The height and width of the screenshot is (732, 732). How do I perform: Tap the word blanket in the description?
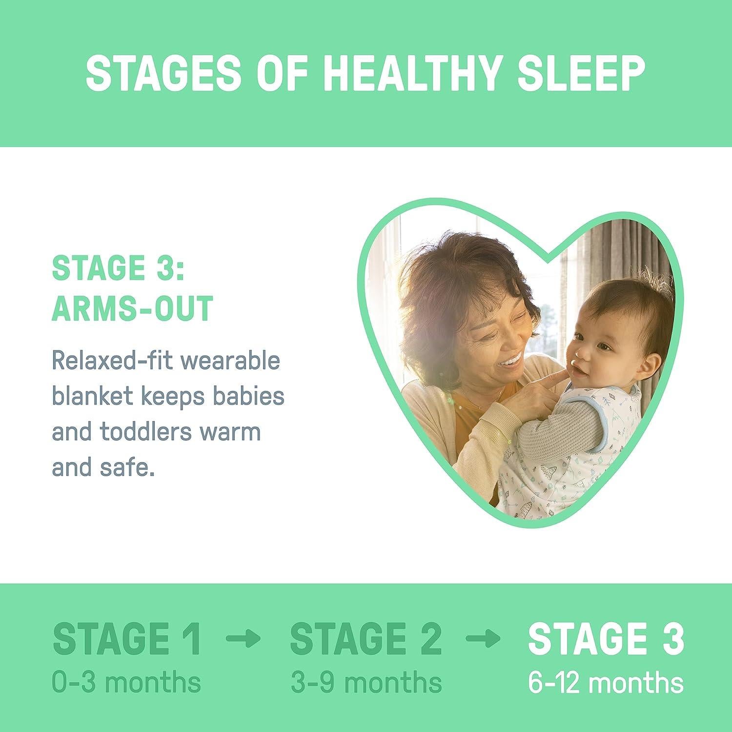click(x=92, y=397)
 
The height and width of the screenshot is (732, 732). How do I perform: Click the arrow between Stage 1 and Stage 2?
click(x=244, y=638)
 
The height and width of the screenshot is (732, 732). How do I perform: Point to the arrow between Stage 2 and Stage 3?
click(x=483, y=638)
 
